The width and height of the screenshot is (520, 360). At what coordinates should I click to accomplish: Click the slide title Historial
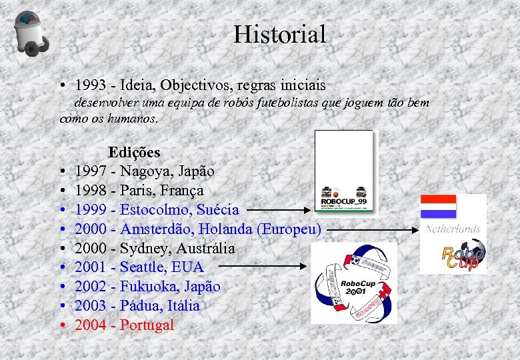pyautogui.click(x=279, y=35)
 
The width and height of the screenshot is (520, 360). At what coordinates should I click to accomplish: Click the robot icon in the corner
pyautogui.click(x=31, y=33)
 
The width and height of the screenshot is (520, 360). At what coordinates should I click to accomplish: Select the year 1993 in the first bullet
pyautogui.click(x=89, y=85)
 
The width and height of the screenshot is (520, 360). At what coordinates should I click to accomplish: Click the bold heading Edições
pyautogui.click(x=134, y=152)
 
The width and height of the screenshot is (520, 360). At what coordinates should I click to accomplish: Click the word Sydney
pyautogui.click(x=143, y=249)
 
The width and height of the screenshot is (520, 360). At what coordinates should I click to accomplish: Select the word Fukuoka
pyautogui.click(x=149, y=287)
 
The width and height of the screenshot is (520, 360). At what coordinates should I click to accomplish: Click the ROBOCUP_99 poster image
pyautogui.click(x=344, y=173)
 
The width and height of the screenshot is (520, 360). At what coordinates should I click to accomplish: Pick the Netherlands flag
pyautogui.click(x=438, y=207)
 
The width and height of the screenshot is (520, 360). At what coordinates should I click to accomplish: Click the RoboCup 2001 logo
pyautogui.click(x=353, y=283)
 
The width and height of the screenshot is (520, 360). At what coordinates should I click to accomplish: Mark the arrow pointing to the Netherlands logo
pyautogui.click(x=373, y=229)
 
